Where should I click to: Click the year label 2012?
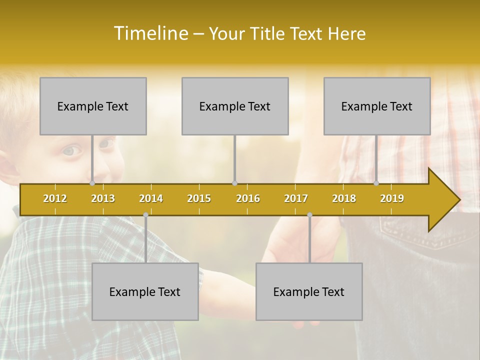(55, 198)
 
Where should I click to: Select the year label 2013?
(103, 198)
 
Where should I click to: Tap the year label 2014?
(151, 198)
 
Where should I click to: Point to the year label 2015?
(199, 198)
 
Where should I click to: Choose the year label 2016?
(248, 198)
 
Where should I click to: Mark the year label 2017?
(296, 198)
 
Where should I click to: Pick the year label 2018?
(344, 198)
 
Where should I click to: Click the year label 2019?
(392, 198)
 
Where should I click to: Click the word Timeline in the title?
(150, 33)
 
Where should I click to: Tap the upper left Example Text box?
(93, 106)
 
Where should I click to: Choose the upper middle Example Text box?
(235, 106)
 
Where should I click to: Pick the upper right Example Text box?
(377, 106)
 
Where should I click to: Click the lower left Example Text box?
(145, 291)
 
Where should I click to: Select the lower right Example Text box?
(309, 291)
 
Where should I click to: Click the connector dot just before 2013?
(92, 183)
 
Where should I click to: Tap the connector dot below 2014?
(145, 215)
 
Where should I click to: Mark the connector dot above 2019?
(376, 183)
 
